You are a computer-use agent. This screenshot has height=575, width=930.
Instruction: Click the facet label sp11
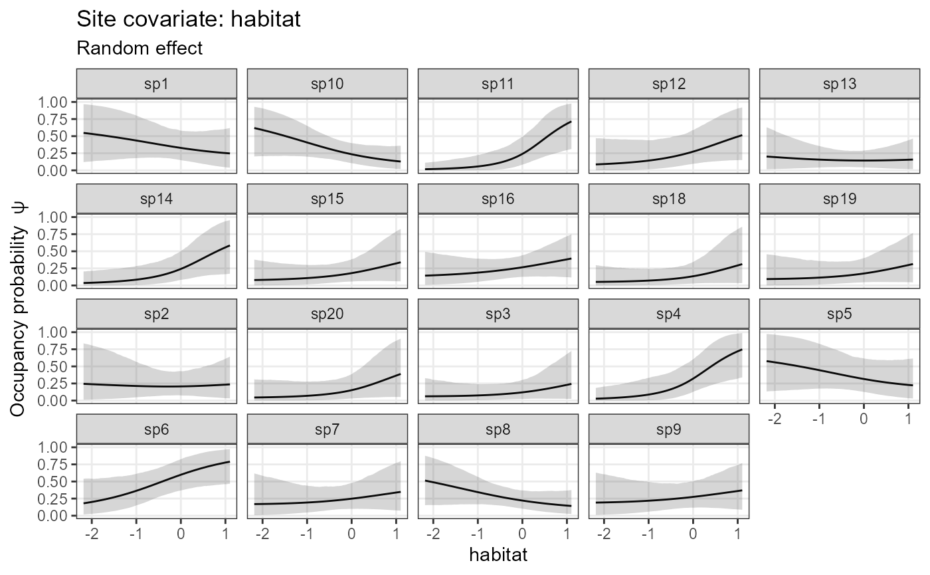(x=498, y=84)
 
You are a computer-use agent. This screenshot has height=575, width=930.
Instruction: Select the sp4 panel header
(x=669, y=314)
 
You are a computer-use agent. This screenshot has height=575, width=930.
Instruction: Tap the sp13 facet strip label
(x=840, y=84)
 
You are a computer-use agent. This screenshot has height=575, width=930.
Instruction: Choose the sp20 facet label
(x=327, y=314)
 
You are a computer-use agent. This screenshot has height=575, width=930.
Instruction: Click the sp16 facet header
(x=498, y=199)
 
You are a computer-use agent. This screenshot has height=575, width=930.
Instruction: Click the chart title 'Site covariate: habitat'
(x=189, y=19)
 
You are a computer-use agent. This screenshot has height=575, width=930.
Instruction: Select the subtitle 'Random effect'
(x=139, y=49)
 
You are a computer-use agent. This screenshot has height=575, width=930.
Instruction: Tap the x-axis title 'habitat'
(x=498, y=554)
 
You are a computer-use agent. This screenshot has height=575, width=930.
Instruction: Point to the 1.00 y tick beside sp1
(x=53, y=102)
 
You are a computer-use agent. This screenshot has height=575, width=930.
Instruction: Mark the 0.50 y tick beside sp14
(x=53, y=251)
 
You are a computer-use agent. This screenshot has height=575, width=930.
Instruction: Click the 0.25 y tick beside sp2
(x=53, y=384)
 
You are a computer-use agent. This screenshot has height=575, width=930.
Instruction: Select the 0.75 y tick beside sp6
(x=53, y=464)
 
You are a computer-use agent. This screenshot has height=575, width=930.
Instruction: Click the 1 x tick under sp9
(x=737, y=534)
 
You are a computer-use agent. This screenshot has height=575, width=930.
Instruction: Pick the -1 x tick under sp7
(x=307, y=534)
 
